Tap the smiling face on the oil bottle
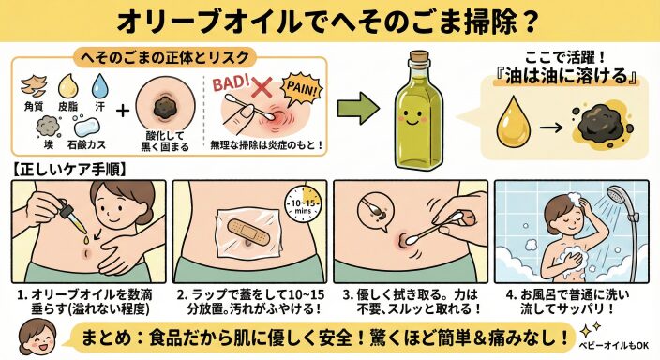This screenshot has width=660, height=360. point(412,116)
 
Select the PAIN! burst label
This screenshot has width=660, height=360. point(301,88)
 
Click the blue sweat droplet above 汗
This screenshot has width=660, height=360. point(99,85)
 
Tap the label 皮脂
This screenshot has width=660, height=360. point(67,107)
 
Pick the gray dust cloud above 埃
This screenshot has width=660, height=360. point(48,127)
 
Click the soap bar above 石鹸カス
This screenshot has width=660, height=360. point(86,127)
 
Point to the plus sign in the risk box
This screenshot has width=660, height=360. point(123,111)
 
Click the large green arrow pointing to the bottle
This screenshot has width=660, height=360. point(358,108)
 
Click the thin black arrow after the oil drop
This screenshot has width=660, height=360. point(551,127)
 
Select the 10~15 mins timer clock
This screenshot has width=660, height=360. point(303,205)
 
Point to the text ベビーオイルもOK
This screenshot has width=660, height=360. point(613,346)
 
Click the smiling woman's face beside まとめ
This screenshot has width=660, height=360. point(37,336)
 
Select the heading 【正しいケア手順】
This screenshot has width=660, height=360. point(69,170)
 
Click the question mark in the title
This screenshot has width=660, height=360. point(528,21)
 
